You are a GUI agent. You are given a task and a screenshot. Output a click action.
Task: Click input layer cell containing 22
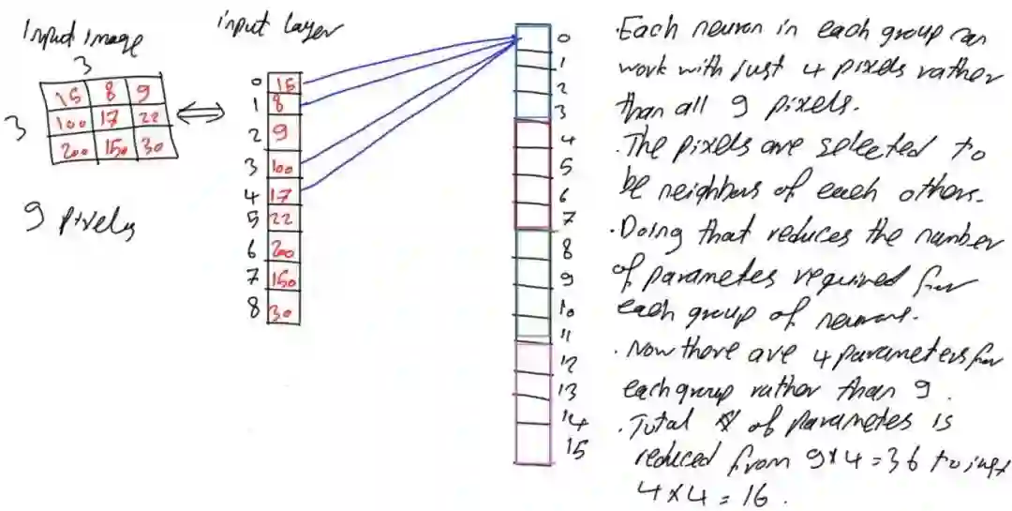(284, 219)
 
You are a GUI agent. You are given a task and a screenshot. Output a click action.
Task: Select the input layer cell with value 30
(284, 311)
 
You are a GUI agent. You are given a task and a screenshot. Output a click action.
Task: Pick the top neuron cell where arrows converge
(532, 38)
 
